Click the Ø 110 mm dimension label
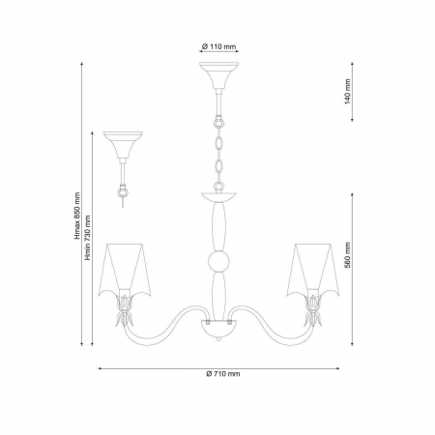(x=218, y=46)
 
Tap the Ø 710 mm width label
(x=223, y=374)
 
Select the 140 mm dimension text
(x=347, y=92)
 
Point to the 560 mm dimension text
(x=347, y=255)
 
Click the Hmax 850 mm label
(x=76, y=216)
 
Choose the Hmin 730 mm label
(x=87, y=238)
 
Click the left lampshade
(x=125, y=270)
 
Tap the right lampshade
(x=313, y=270)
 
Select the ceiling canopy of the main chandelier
(x=218, y=75)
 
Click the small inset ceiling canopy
(x=123, y=144)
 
